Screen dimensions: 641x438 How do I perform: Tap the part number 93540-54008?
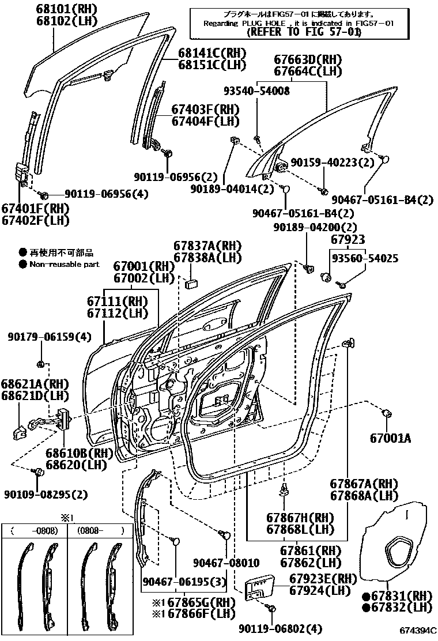click(x=256, y=91)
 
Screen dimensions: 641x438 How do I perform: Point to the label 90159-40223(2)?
click(x=332, y=163)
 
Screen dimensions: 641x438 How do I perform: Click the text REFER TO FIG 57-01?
click(x=303, y=32)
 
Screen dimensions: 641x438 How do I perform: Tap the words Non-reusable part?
click(x=64, y=265)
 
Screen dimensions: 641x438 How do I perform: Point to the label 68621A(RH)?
click(x=35, y=384)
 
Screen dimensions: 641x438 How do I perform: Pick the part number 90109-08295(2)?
click(x=46, y=495)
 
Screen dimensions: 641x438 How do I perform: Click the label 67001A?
click(x=391, y=439)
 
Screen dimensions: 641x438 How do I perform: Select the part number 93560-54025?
click(x=364, y=259)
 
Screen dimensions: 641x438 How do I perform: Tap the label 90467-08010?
click(x=226, y=563)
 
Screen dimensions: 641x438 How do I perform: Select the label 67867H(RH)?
click(x=300, y=517)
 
